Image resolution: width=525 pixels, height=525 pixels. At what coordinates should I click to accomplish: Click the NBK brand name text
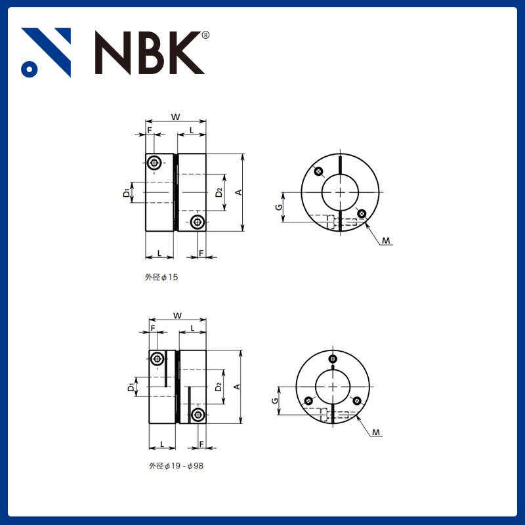[150, 52]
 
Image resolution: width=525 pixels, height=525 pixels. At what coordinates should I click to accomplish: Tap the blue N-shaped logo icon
[46, 52]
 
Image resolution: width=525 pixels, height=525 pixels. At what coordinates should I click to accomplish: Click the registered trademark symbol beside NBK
[205, 35]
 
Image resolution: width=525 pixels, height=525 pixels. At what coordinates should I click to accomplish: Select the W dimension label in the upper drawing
[175, 117]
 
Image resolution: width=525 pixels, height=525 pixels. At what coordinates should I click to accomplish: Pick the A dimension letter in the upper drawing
[238, 192]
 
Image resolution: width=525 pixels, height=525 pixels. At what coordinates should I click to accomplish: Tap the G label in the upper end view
[278, 207]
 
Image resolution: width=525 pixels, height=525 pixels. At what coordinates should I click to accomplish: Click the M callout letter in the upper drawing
[387, 241]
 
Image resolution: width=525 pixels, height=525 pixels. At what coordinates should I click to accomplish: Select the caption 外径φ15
[161, 278]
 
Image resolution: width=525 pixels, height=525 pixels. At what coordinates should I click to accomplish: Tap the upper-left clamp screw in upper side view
[154, 162]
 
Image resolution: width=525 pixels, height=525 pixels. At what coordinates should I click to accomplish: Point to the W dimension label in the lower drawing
[177, 316]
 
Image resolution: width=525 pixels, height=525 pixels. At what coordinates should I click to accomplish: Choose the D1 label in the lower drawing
[131, 387]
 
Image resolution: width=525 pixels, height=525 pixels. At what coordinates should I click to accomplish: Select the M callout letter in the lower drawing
[376, 432]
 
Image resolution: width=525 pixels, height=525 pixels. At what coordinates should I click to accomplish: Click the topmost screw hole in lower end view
[333, 359]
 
